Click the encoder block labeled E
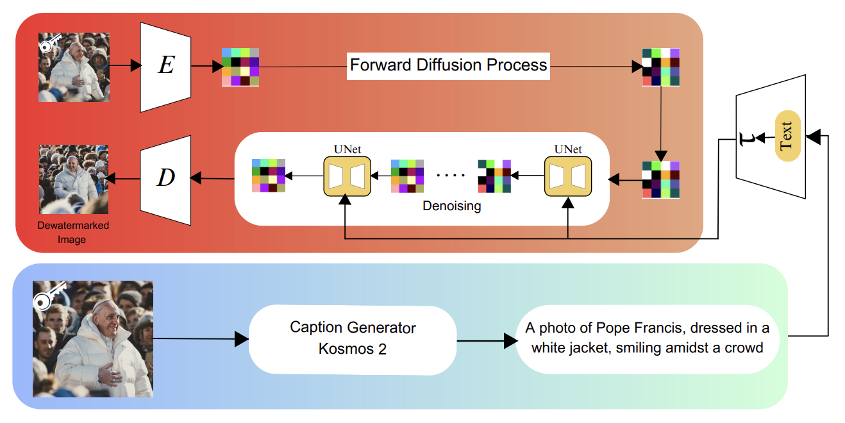pyautogui.click(x=165, y=66)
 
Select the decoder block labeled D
pyautogui.click(x=165, y=179)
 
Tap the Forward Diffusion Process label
pyautogui.click(x=448, y=65)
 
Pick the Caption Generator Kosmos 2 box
pyautogui.click(x=353, y=338)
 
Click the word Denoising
pyautogui.click(x=452, y=207)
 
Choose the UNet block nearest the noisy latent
pyautogui.click(x=567, y=176)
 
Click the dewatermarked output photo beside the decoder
pyautogui.click(x=73, y=179)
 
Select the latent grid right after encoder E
pyautogui.click(x=240, y=67)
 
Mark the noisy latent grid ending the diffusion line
pyautogui.click(x=660, y=67)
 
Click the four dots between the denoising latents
pyautogui.click(x=449, y=174)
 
